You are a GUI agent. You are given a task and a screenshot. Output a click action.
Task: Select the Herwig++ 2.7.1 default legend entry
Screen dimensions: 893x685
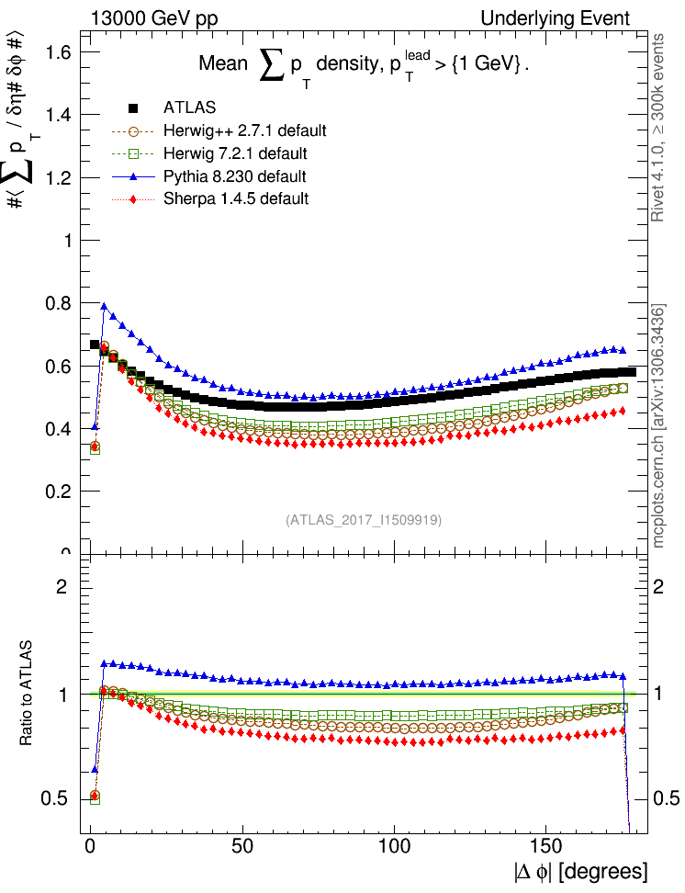[x=244, y=130]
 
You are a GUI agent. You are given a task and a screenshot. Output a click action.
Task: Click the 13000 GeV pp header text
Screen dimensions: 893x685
[x=154, y=17]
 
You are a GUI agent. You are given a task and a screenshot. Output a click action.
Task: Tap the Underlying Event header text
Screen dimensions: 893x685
[x=556, y=17]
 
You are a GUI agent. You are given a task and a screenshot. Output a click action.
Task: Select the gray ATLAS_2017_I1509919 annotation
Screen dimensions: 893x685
[x=364, y=520]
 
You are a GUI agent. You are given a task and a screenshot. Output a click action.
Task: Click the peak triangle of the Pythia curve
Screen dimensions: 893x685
[x=105, y=307]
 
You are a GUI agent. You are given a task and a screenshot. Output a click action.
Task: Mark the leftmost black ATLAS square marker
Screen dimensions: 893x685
[x=95, y=345]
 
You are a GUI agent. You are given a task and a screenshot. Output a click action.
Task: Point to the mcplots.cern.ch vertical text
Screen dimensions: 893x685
[x=658, y=425]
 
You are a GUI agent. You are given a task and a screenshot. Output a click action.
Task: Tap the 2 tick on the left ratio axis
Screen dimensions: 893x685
[x=63, y=586]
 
